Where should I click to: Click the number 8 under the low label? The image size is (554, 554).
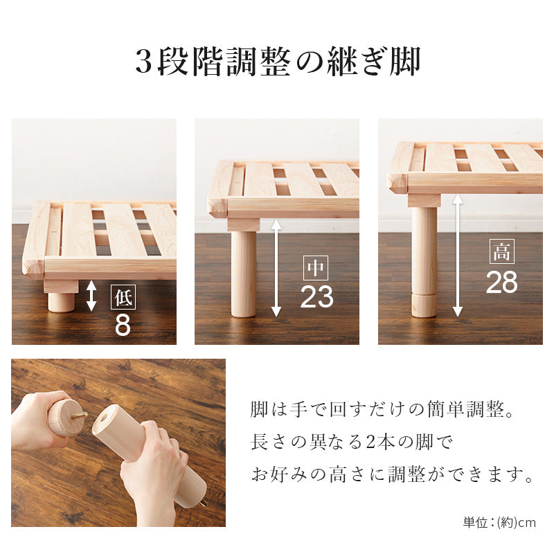(123, 325)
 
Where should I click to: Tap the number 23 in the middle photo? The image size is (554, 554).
(316, 296)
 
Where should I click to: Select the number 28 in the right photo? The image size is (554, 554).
(501, 282)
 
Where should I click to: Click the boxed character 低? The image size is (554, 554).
(123, 298)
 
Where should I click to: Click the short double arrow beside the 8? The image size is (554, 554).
(91, 296)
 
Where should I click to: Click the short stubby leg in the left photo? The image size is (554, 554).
(61, 302)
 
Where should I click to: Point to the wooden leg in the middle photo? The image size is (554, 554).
(243, 274)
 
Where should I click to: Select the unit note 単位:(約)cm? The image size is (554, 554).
(499, 523)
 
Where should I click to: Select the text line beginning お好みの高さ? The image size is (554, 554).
(391, 476)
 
